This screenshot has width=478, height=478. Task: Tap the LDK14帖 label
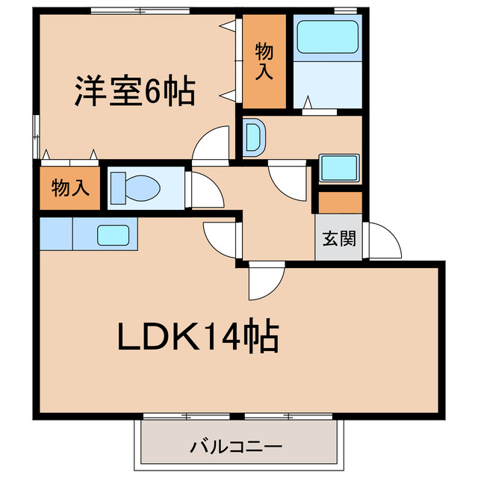[197, 338]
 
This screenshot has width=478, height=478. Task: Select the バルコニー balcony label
[236, 448]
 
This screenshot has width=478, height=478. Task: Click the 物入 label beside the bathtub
[264, 61]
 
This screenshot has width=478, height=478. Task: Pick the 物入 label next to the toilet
[70, 187]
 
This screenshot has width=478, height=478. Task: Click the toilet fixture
[134, 187]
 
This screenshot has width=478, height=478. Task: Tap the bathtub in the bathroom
[327, 37]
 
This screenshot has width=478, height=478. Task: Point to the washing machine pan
[340, 167]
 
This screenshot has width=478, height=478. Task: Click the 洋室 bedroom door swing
[212, 143]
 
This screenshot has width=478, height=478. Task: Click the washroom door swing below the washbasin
[288, 181]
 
